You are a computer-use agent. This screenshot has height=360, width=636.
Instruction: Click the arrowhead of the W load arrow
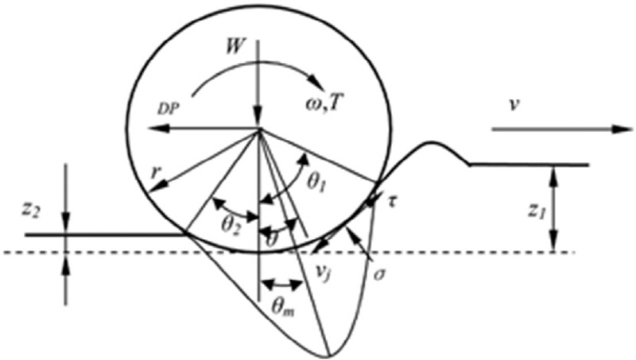pos(258,123)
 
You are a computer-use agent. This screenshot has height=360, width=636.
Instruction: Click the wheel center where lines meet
pos(258,130)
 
